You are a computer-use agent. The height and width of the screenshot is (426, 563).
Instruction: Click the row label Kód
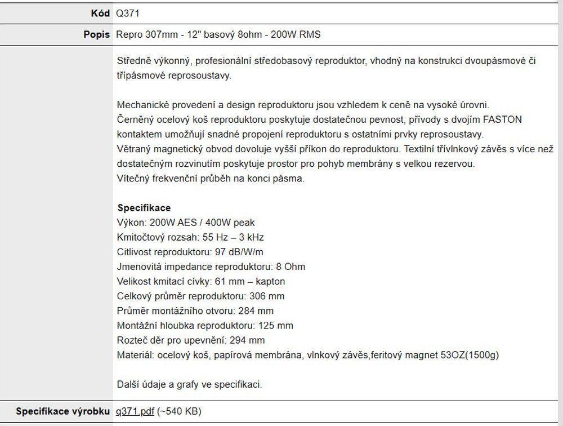pos(100,14)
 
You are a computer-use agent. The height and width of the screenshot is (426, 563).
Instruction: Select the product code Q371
pos(128,14)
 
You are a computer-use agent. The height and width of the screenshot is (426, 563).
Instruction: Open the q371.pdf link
pos(135,411)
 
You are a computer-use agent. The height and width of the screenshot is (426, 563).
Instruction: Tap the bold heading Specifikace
pos(144,208)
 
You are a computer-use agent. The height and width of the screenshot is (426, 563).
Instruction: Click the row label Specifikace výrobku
pos(63,411)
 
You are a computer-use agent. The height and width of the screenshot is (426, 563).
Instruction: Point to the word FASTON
pos(502,120)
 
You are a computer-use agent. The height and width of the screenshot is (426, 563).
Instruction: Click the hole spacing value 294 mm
pos(246,340)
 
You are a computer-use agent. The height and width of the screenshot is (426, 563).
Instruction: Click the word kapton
pos(271,281)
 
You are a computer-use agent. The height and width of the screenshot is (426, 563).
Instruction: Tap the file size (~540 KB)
pos(179,411)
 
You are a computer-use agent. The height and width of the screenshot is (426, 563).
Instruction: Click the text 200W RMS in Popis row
pos(296,34)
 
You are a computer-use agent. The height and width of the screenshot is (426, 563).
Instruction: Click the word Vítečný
pos(133,179)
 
